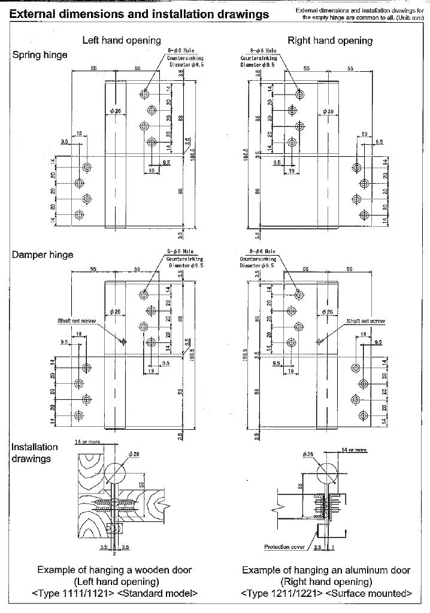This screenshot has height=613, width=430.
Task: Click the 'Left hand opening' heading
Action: tap(122, 40)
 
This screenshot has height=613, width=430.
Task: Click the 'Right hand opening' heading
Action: tap(330, 40)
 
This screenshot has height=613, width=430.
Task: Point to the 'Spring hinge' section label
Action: tap(40, 55)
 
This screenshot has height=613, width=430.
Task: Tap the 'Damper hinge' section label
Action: tap(43, 254)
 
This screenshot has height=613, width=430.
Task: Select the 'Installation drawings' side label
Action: tap(35, 453)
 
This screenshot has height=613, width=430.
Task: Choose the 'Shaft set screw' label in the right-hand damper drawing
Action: tap(365, 321)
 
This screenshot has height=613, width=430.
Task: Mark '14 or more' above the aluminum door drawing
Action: tap(353, 449)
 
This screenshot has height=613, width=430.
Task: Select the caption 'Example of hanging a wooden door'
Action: tap(114, 570)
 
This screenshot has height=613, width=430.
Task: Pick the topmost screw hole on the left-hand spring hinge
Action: tap(145, 94)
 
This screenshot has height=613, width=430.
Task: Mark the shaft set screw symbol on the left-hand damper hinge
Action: tap(123, 342)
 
